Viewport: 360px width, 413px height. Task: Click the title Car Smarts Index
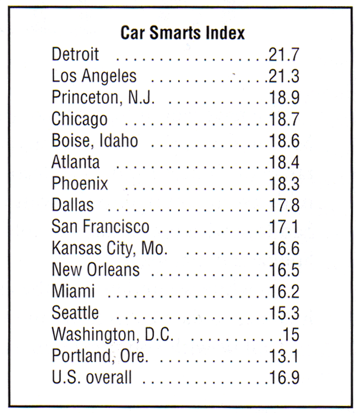182,33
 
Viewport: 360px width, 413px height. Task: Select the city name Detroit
75,54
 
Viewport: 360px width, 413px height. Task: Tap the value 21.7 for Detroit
283,54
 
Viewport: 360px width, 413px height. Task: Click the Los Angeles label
94,76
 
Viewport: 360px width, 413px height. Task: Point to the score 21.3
283,76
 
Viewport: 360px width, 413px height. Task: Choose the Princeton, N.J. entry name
103,98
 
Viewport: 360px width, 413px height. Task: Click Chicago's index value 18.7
283,119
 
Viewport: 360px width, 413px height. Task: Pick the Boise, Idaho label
94,141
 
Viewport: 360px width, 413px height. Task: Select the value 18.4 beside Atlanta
283,162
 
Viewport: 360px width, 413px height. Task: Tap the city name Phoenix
79,184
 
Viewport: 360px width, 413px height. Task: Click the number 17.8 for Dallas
283,205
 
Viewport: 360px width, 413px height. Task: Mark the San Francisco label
100,226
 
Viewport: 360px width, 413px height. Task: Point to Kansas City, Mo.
109,248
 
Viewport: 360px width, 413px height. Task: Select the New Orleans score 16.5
283,270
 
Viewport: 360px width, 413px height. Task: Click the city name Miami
73,291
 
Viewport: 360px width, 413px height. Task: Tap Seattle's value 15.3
283,313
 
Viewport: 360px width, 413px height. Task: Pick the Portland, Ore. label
100,356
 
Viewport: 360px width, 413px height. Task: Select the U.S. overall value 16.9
283,378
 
